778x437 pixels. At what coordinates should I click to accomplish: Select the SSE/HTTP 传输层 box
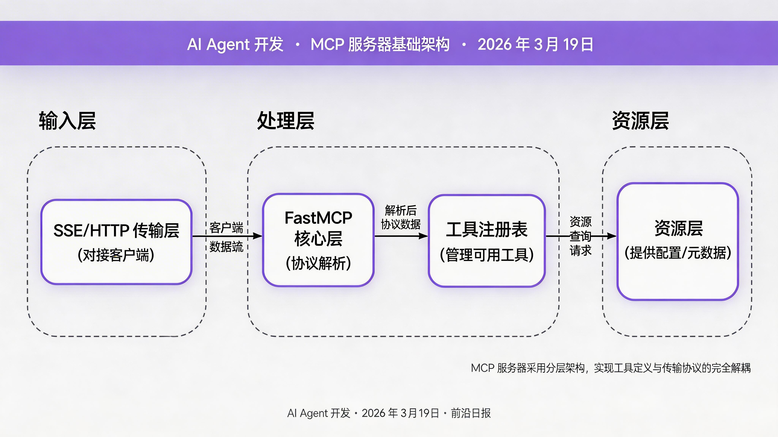coord(116,242)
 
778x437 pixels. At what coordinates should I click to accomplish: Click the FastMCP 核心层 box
coord(318,240)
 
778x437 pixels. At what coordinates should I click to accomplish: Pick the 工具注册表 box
coord(487,241)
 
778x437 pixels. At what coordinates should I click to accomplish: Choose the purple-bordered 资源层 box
coord(678,241)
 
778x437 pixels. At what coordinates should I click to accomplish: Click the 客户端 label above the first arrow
coord(226,228)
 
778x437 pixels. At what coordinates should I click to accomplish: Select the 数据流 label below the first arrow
coord(226,247)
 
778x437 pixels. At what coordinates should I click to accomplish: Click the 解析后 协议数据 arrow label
coord(400,217)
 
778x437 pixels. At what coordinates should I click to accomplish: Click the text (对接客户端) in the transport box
coord(116,255)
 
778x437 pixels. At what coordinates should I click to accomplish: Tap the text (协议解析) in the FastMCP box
coord(318,263)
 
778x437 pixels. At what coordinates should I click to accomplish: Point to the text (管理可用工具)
coord(487,255)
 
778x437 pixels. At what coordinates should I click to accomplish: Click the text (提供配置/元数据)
coord(678,253)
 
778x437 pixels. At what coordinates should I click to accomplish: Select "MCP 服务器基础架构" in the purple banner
coord(380,44)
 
